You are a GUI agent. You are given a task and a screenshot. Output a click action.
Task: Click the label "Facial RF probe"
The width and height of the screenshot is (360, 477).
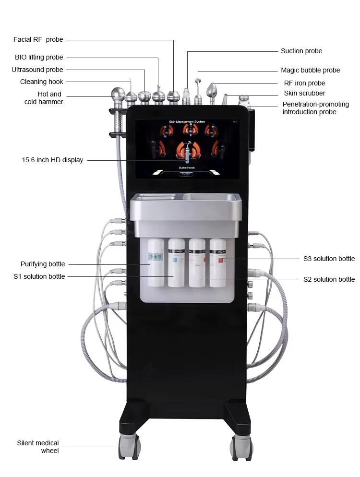coord(39,40)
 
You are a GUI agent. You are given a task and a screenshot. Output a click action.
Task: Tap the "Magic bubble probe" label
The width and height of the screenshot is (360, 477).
coord(310,71)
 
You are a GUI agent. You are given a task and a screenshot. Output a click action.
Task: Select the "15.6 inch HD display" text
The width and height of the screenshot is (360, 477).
coord(52,160)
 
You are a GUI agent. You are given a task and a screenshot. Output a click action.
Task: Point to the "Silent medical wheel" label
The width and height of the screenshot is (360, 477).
coord(38,447)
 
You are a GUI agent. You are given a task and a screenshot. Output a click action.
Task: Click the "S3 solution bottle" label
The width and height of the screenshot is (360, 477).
coord(329,259)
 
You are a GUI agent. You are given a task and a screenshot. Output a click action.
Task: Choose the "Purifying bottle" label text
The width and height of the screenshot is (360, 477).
coord(43,264)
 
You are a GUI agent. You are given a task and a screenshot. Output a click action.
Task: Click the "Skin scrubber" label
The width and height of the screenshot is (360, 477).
coord(304,94)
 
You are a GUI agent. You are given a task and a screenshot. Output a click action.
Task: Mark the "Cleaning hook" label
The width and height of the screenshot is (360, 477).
coord(41,82)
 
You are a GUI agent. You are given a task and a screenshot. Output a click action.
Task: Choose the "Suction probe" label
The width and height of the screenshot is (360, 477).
coord(301,51)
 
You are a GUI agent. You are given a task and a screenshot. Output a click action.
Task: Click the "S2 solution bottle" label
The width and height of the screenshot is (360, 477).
coord(329,279)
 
